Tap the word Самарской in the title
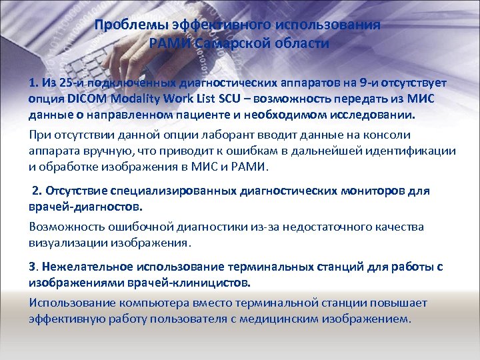pos(224,44)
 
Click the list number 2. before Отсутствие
pos(37,191)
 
